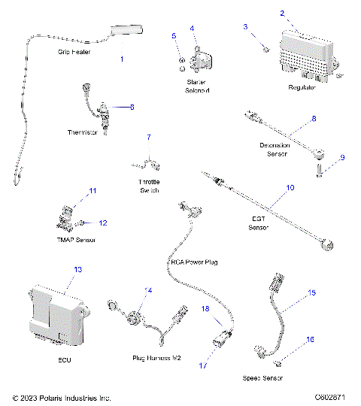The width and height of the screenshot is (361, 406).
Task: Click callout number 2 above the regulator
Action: (282, 14)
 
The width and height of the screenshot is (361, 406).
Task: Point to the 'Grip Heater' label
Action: (74, 53)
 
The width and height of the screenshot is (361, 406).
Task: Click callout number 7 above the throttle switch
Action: (148, 137)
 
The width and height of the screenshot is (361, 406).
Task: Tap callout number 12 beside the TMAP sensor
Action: (104, 223)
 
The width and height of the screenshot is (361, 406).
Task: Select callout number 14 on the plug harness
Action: (148, 290)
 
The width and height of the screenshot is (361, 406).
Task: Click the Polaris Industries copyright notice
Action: (62, 397)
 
